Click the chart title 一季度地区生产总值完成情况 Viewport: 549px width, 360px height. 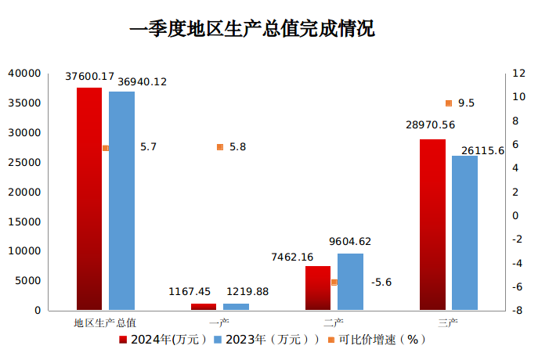252,30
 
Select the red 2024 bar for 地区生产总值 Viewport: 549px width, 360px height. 88,199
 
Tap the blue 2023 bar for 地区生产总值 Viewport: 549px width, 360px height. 121,200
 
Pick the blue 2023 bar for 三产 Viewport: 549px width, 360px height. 464,232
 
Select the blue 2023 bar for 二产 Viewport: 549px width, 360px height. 350,282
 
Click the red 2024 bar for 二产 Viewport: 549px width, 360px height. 317,288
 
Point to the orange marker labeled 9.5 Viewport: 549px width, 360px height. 449,103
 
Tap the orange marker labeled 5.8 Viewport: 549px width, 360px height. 220,147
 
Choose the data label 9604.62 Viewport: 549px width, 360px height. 351,241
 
